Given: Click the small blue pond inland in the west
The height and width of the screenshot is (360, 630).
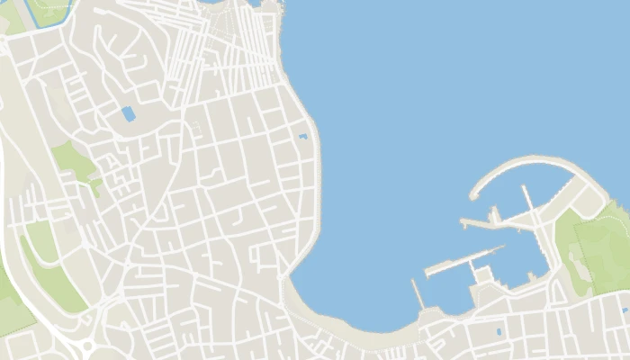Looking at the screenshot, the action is (x=128, y=114).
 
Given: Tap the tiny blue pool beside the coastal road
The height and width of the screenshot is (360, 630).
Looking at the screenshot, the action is (x=302, y=137).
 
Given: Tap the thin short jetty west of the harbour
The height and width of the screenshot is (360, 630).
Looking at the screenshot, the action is (x=416, y=293).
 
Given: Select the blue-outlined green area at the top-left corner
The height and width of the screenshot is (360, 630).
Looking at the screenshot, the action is (x=49, y=9).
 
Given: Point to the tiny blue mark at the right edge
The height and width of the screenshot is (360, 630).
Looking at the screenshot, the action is (x=624, y=310).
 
